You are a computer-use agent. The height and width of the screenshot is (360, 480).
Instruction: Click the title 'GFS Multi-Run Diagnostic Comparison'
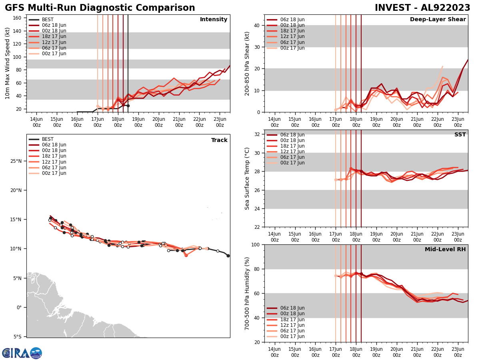(x=100, y=8)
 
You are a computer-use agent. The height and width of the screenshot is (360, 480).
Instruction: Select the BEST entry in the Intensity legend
(x=47, y=20)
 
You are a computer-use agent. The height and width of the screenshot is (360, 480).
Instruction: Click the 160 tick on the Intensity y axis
(x=17, y=18)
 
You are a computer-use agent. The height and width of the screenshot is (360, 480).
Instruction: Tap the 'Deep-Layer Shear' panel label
(x=438, y=20)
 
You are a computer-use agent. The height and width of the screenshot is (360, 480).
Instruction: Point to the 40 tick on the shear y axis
(x=257, y=25)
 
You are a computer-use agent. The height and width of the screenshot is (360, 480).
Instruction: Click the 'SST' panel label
(x=460, y=135)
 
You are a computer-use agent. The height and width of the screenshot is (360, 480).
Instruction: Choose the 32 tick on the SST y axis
(x=257, y=134)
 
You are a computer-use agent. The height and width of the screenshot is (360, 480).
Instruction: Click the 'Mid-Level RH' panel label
(x=445, y=250)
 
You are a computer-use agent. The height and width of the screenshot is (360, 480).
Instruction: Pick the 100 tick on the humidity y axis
(x=254, y=244)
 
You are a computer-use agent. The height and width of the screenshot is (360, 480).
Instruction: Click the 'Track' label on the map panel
(x=219, y=140)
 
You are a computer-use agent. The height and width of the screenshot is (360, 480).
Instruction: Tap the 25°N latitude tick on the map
(x=16, y=161)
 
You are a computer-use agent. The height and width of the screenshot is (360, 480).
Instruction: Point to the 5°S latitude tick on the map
(x=17, y=337)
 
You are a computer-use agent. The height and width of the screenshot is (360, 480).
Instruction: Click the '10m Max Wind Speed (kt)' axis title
(x=7, y=63)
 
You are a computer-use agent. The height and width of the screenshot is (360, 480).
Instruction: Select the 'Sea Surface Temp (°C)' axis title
(x=247, y=178)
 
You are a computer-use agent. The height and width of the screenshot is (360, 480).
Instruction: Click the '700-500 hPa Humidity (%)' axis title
(x=247, y=293)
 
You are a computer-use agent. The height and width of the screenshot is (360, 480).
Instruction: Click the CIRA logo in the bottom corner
(x=22, y=353)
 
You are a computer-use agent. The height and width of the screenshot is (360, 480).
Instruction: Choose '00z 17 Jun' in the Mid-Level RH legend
(x=292, y=336)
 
